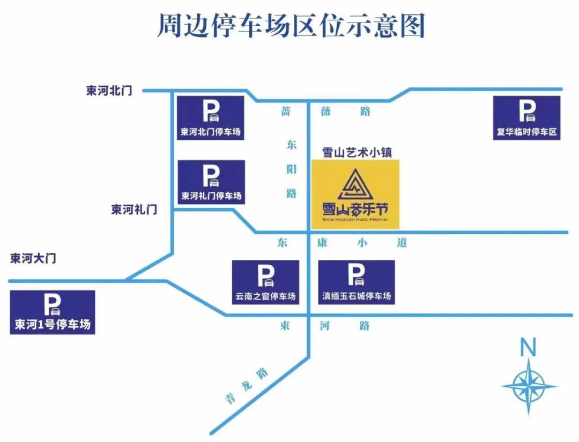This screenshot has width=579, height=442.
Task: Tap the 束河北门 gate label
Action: [x=109, y=91]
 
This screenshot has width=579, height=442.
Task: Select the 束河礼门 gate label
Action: [x=134, y=209]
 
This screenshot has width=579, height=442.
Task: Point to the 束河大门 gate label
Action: [x=33, y=258]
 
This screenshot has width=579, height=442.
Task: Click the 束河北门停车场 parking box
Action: [x=211, y=118]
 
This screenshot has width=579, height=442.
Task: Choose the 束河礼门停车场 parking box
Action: [x=211, y=182]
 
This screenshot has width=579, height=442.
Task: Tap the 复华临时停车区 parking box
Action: [x=526, y=118]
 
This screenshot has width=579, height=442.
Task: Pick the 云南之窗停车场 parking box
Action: [x=265, y=282]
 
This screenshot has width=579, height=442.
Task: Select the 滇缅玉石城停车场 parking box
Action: [x=357, y=282]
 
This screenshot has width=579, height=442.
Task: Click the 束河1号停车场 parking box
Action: [x=53, y=312]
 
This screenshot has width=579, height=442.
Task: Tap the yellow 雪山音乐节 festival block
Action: [x=355, y=193]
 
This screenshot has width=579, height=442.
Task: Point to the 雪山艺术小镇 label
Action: [x=357, y=152]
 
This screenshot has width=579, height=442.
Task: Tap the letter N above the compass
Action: [x=529, y=348]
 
